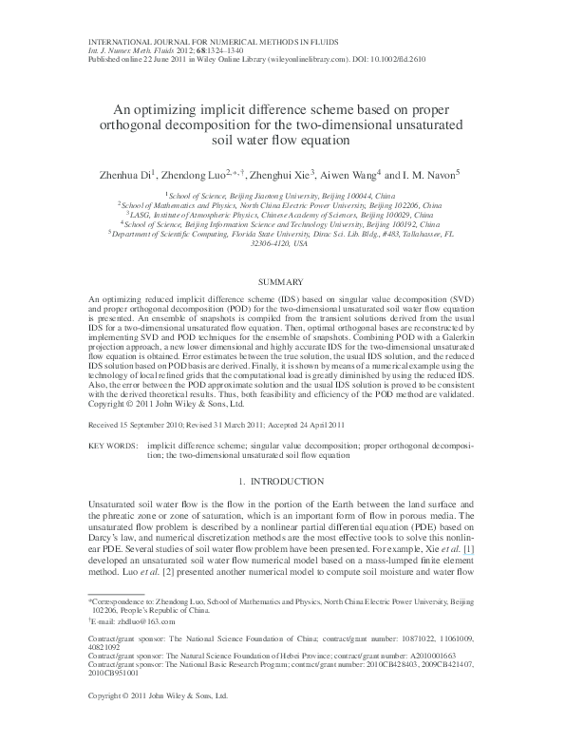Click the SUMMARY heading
point(282,282)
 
